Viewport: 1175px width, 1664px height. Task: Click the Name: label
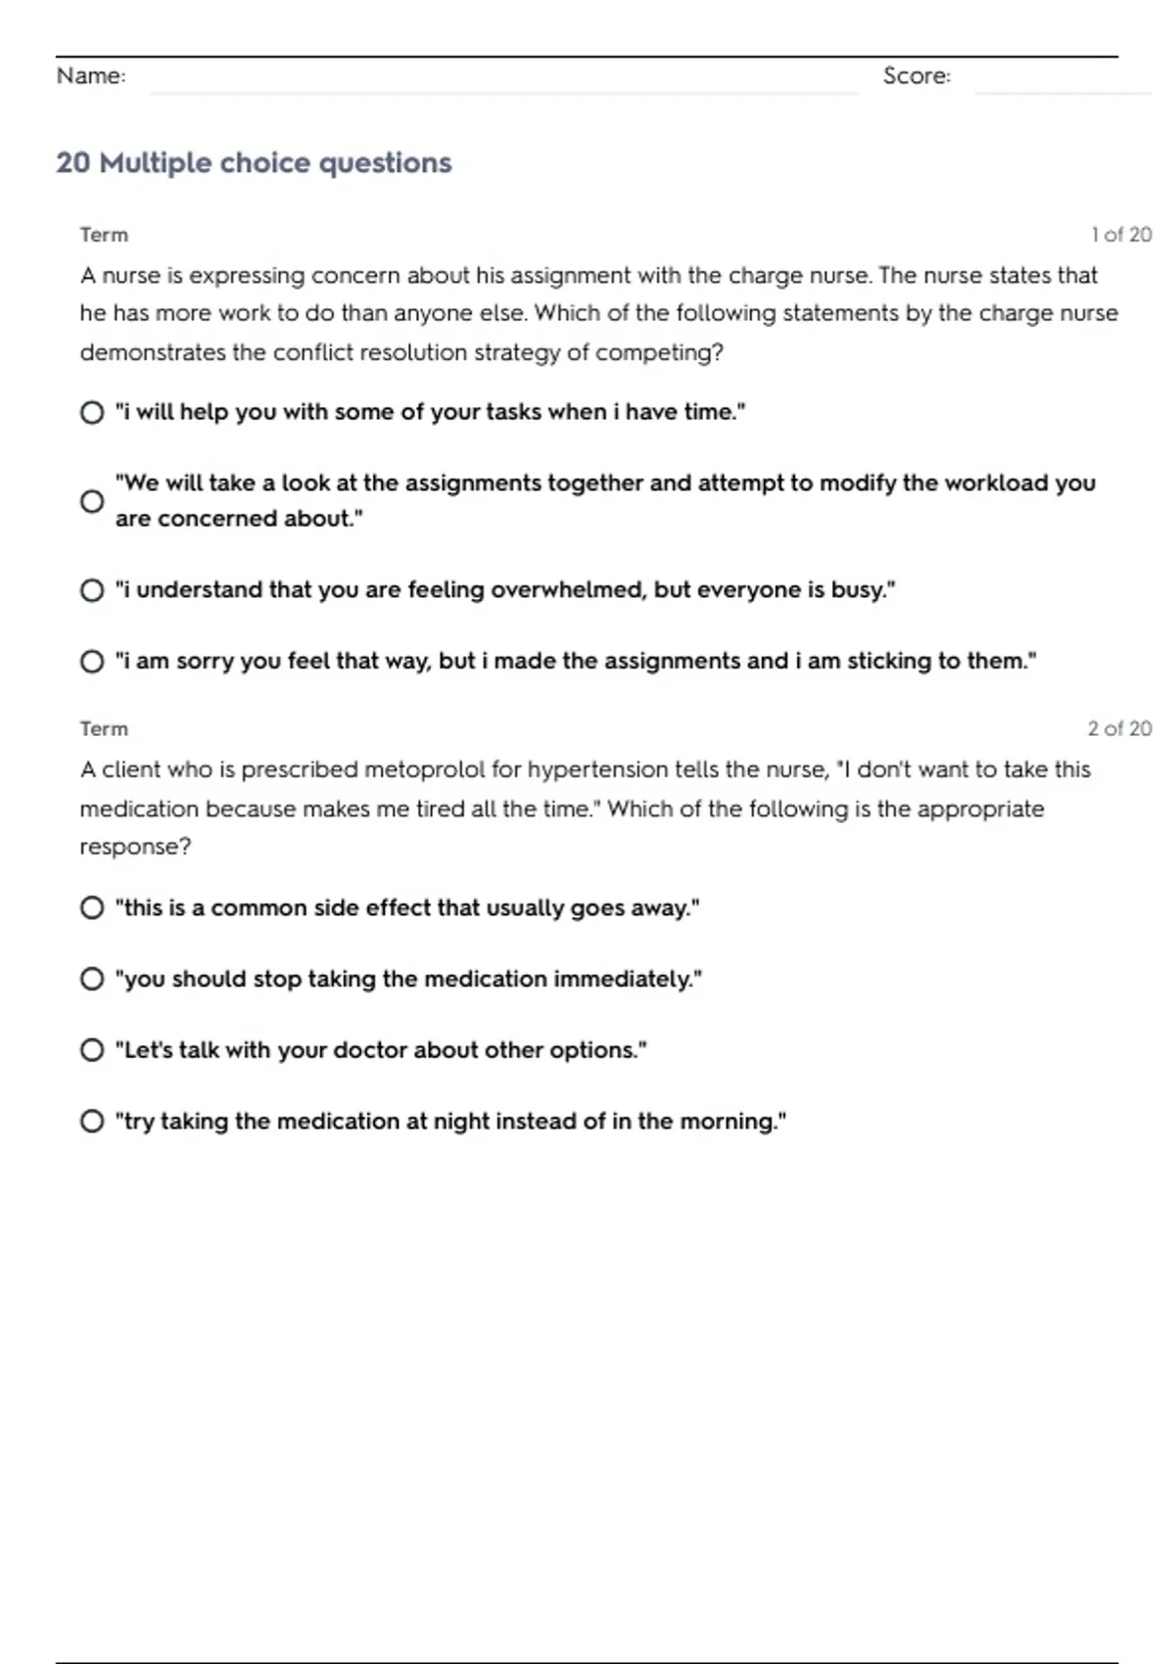point(91,75)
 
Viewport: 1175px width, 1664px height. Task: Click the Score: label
point(916,75)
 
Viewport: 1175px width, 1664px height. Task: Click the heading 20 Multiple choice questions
point(254,162)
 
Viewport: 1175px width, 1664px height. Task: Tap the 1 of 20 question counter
point(1121,235)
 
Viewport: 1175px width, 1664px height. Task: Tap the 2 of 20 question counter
point(1119,728)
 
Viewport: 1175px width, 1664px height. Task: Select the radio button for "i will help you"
point(92,412)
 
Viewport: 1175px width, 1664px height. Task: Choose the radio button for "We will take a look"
point(92,501)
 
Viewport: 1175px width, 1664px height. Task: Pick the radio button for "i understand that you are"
point(92,590)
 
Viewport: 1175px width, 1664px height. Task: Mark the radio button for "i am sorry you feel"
point(92,662)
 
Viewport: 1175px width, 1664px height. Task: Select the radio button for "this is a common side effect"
point(92,907)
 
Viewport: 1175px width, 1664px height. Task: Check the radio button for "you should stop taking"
point(92,979)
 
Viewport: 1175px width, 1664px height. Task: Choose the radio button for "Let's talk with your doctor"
point(92,1050)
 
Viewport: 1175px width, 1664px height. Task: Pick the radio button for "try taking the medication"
point(92,1121)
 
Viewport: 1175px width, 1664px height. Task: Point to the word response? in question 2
point(135,847)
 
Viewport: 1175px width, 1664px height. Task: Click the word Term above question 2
point(104,728)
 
